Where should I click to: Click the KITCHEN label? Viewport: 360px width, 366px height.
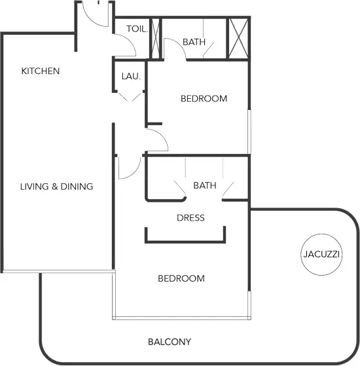coord(41,71)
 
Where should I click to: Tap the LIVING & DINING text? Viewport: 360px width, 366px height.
coord(57,187)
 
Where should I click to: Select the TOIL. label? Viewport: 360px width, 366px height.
coord(137,29)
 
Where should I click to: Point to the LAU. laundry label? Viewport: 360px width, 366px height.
coord(131,77)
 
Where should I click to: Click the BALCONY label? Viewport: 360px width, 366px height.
coord(170,342)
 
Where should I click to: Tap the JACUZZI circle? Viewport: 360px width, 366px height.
coord(321,234)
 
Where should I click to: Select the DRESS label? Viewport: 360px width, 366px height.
coord(191,218)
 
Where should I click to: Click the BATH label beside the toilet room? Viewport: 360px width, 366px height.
coord(194,42)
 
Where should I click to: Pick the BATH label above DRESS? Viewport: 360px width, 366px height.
coord(205,185)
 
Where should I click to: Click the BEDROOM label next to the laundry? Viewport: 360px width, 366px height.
coord(204,98)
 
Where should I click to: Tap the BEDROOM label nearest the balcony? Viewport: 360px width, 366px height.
coord(181,278)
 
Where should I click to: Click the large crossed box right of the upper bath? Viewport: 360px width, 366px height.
coord(238,39)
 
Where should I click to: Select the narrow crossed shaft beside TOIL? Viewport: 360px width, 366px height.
coord(156,39)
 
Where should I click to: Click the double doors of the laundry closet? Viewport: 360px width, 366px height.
coord(130,97)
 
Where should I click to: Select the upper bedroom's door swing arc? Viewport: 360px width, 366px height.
coord(162,136)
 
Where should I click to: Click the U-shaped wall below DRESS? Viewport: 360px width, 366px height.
coord(185,242)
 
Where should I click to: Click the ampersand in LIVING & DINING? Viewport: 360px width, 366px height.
coord(54,187)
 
